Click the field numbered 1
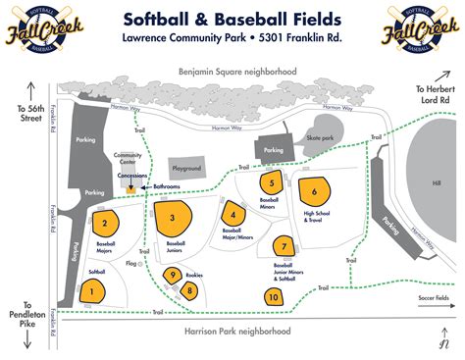click(91, 290)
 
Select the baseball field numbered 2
click(104, 224)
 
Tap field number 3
click(173, 218)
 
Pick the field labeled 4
click(232, 215)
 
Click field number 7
click(284, 246)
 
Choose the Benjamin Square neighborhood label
click(236, 72)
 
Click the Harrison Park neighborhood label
click(237, 332)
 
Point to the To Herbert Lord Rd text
click(436, 95)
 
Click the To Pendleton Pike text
click(26, 321)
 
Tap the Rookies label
click(194, 275)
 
